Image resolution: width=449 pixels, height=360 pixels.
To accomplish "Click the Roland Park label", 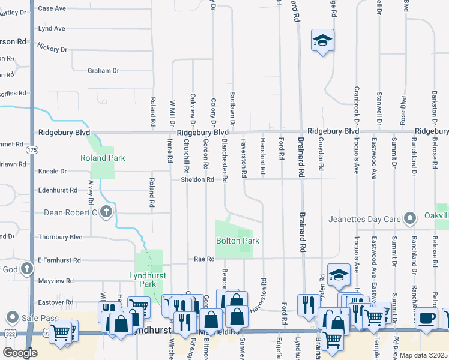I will pos(103,158).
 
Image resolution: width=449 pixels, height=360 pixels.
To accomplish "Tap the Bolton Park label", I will pos(238,241).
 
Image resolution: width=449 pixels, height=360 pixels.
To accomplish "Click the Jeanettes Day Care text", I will pos(364,219).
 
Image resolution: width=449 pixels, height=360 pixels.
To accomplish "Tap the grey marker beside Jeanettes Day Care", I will pos(411,218).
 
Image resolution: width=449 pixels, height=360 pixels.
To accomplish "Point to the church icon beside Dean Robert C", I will pos(106,212).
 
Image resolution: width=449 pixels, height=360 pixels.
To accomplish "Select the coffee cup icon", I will pos(427,317).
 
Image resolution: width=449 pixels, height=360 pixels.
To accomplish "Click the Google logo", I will pos(20,353).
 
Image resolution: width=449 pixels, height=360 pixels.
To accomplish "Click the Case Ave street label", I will pos(52,8).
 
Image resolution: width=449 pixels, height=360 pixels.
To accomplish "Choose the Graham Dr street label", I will pos(103,70).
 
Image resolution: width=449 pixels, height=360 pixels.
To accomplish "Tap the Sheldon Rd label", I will pos(197,179).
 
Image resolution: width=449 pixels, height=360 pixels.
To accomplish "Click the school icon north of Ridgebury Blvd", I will pos(322,40).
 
